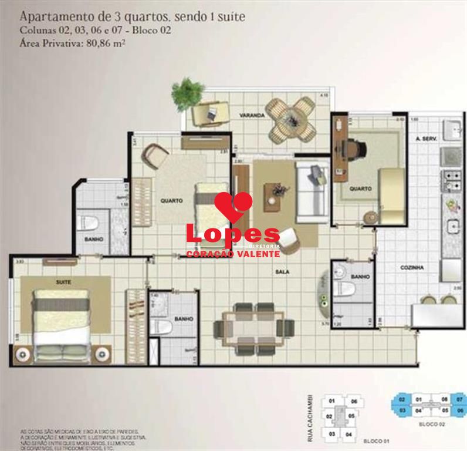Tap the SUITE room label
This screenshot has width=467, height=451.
click(63, 282)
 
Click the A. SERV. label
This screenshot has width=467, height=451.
click(424, 139)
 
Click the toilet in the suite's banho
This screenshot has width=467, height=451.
click(161, 327)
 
